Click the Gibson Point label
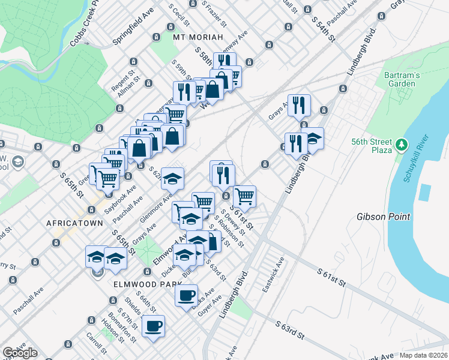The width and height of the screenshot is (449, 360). pos(383,217)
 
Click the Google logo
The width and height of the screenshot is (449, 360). pos(20,352)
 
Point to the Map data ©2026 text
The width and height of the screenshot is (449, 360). pos(424,355)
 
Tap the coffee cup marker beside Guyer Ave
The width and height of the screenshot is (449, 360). pos(186,295)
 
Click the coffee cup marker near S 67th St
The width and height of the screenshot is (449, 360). pos(153,326)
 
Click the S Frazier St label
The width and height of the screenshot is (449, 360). pos(214,14)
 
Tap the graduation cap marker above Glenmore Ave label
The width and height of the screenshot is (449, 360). pos(172,178)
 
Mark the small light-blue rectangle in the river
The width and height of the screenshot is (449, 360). pos(425,192)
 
